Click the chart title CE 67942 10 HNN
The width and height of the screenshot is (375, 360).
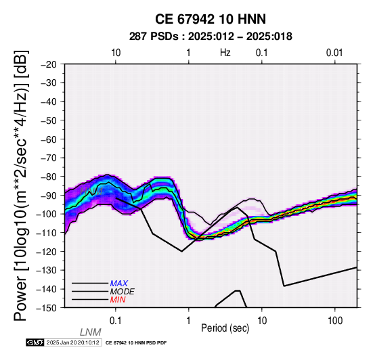pos(211,19)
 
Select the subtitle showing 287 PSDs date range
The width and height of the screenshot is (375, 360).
pos(211,37)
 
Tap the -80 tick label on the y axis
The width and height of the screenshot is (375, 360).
pos(48,177)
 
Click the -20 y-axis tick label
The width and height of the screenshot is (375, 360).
pos(48,64)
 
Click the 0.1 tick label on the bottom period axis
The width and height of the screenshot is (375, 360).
pos(116,321)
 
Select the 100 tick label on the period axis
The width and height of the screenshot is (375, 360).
pos(335,321)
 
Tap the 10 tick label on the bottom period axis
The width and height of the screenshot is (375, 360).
pos(262,321)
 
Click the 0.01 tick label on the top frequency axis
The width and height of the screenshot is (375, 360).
pos(334,53)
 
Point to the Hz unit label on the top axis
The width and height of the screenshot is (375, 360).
pos(225,53)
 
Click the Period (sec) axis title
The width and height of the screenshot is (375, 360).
pos(225,328)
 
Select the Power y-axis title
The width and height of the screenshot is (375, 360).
pos(21,185)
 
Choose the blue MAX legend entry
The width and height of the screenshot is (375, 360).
pos(119,284)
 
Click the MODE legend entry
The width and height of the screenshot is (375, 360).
pos(123,292)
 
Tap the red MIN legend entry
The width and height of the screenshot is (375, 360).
pos(118,300)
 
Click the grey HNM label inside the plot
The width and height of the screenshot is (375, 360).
pos(91,192)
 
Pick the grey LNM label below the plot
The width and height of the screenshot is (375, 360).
pos(91,332)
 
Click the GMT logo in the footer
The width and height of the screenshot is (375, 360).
pos(35,342)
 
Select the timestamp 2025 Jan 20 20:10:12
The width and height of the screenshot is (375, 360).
pos(72,342)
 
